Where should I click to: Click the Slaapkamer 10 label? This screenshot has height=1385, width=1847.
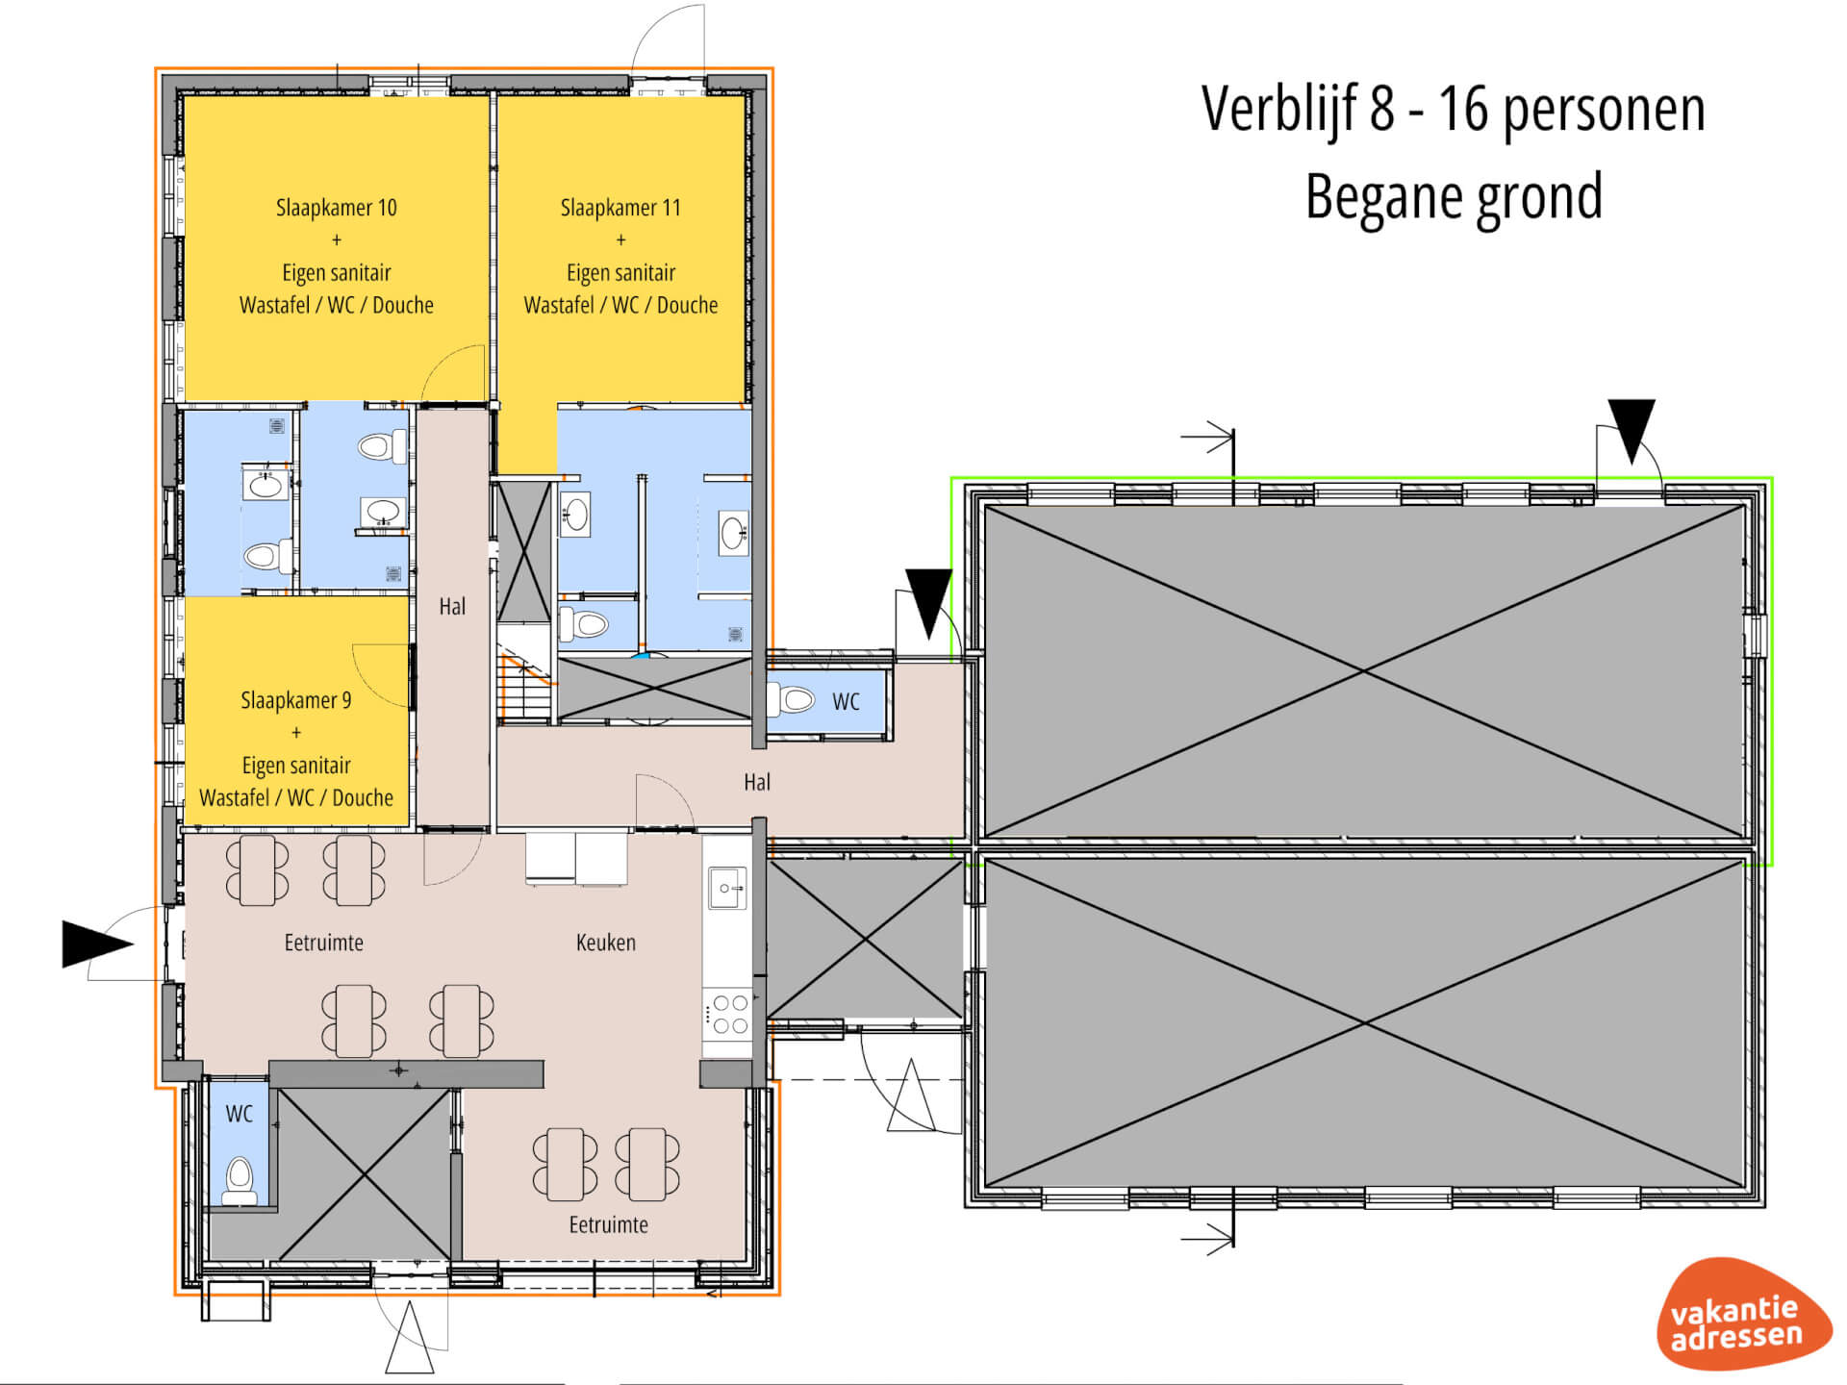[x=337, y=208]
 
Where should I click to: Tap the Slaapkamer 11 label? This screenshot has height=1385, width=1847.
[x=620, y=208]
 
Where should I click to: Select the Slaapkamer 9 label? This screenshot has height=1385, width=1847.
[x=296, y=700]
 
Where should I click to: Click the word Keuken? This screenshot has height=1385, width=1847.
[x=606, y=943]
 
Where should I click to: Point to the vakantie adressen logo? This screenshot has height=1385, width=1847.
[x=1742, y=1314]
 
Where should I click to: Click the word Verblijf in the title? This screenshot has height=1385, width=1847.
[x=1279, y=109]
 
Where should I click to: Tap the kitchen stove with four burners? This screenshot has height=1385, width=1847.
[x=728, y=1014]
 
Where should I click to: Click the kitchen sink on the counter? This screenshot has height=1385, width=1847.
[x=727, y=888]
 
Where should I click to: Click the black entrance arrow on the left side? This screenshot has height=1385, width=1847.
[x=97, y=944]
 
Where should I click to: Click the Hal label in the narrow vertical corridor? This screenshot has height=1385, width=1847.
[x=452, y=607]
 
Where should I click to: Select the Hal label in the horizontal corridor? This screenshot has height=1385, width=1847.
[x=757, y=783]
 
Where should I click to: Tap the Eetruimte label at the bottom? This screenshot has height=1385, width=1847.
[x=608, y=1225]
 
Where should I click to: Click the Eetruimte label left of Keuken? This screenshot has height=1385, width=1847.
[x=324, y=943]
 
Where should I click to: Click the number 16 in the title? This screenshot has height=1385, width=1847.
[x=1462, y=109]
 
